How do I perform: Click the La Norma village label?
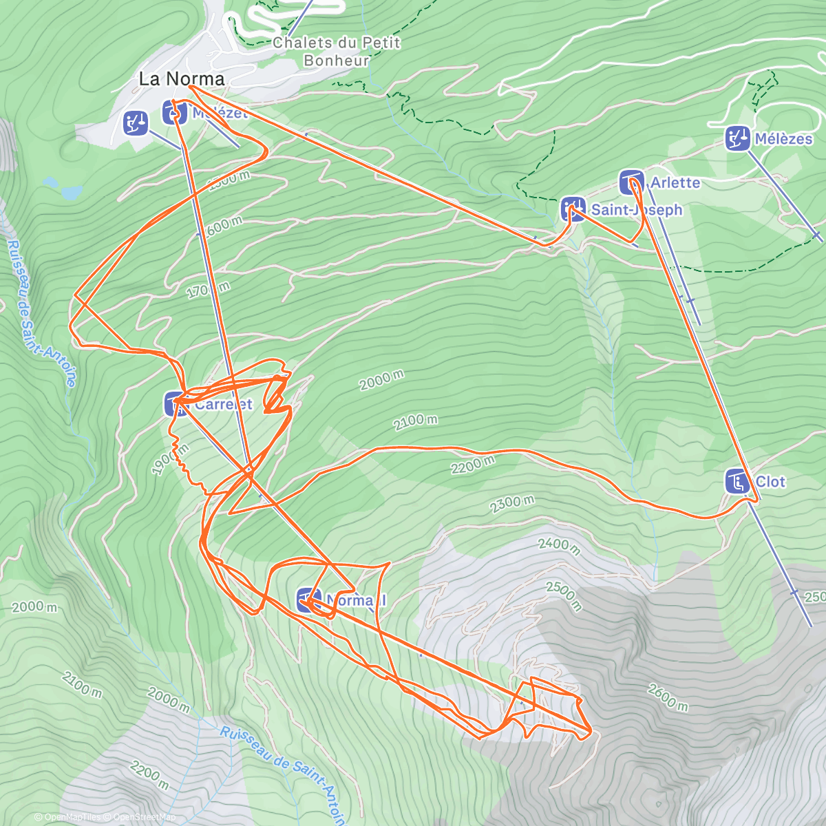tap(182, 79)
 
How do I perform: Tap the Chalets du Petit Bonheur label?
tap(337, 52)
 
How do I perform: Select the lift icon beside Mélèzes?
tap(737, 138)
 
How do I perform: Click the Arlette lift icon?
tap(631, 182)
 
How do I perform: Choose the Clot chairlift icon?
tap(738, 482)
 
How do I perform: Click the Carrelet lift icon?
tap(176, 404)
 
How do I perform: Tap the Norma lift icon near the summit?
tap(308, 600)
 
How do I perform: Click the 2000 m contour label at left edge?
tap(34, 606)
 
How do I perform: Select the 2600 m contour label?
tap(667, 697)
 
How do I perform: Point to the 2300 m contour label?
tap(512, 505)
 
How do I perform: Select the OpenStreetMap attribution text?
tap(144, 817)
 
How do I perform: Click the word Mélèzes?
tap(783, 139)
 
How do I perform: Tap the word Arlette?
tap(675, 183)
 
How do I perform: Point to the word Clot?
tap(770, 482)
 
